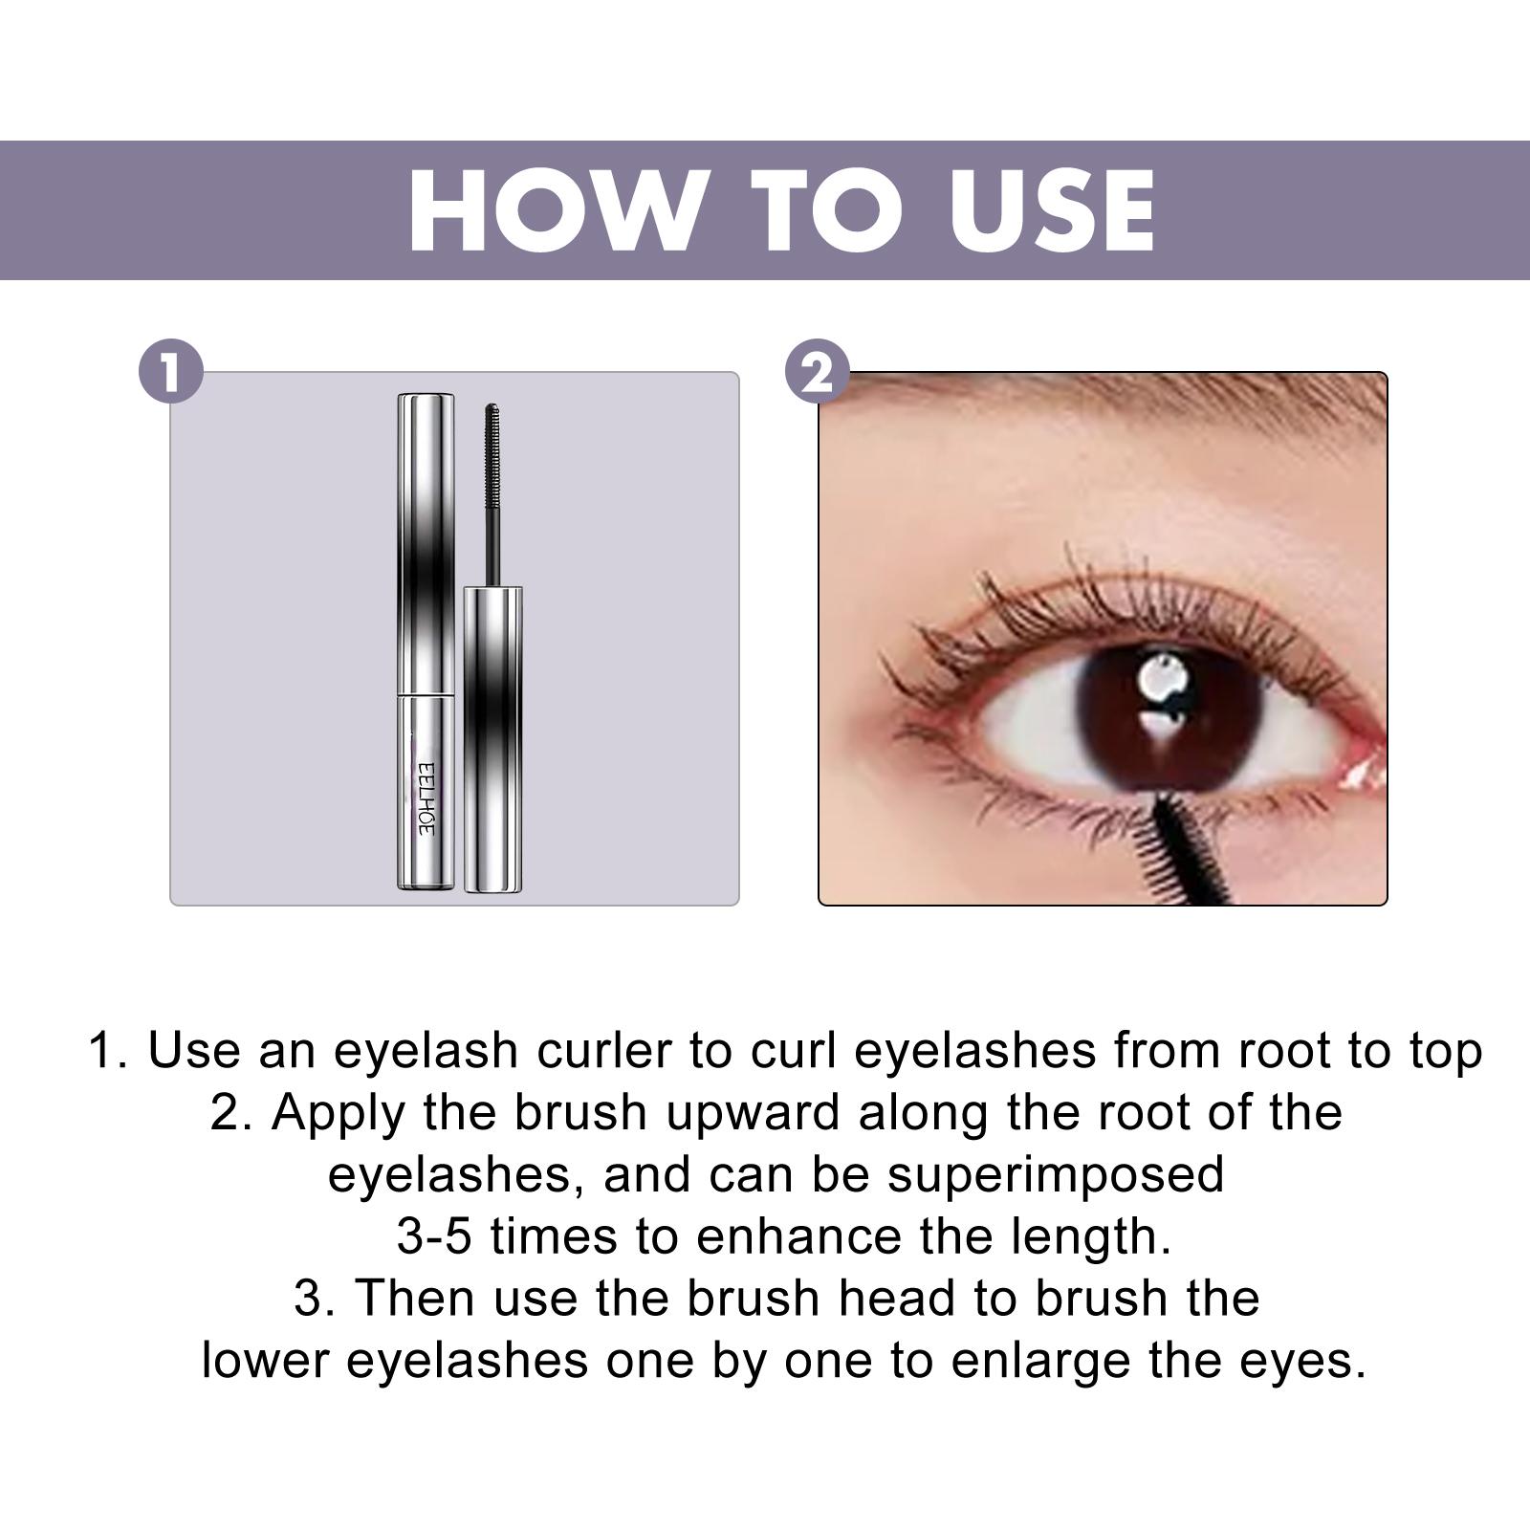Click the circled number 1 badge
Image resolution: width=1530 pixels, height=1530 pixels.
tap(171, 372)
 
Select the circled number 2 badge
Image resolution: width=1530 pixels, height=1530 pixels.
tap(817, 372)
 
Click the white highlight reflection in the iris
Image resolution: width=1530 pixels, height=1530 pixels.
tap(1160, 681)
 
